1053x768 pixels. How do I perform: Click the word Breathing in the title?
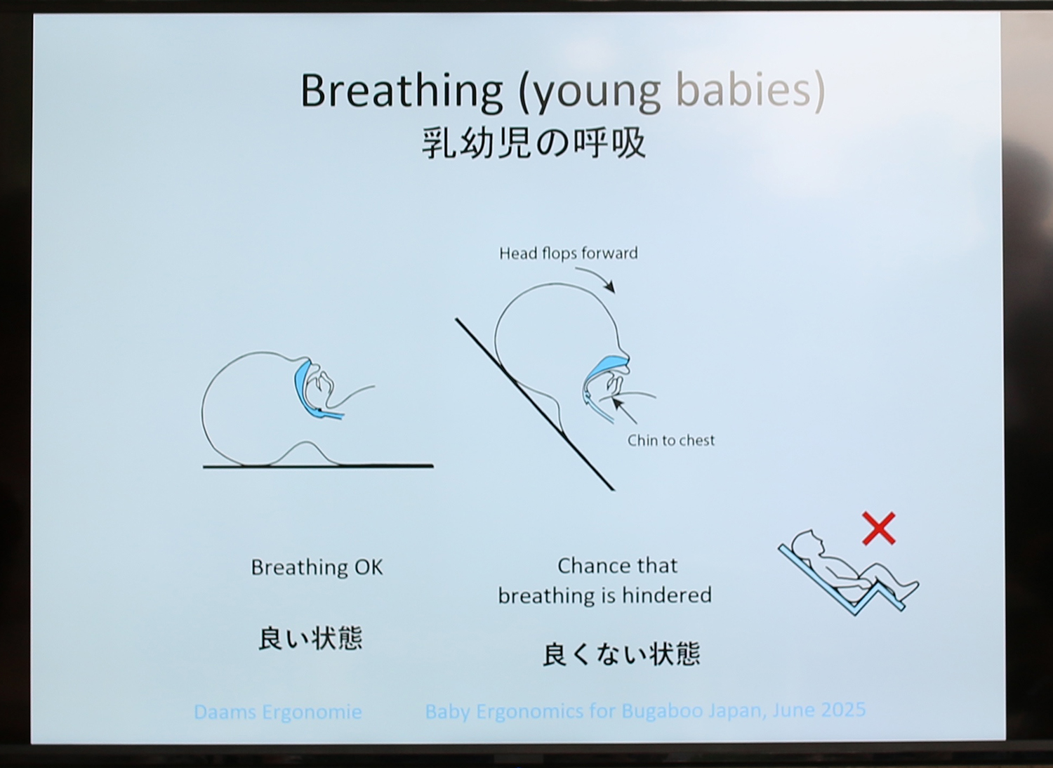pyautogui.click(x=402, y=92)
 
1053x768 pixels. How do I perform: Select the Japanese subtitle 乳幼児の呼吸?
pyautogui.click(x=534, y=143)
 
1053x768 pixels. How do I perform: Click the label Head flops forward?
pyautogui.click(x=569, y=253)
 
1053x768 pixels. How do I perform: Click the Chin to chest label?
pyautogui.click(x=671, y=440)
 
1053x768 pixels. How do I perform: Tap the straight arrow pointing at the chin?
pyautogui.click(x=624, y=411)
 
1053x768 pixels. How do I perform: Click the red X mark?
pyautogui.click(x=879, y=529)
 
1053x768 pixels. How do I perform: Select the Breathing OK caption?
pyautogui.click(x=317, y=567)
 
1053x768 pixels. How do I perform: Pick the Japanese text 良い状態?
pyautogui.click(x=311, y=638)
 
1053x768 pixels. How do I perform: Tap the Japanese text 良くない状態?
pyautogui.click(x=621, y=654)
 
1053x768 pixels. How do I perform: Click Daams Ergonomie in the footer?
pyautogui.click(x=278, y=712)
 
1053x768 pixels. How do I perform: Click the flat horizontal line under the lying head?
pyautogui.click(x=318, y=466)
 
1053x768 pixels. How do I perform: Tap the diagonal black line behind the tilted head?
pyautogui.click(x=534, y=404)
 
